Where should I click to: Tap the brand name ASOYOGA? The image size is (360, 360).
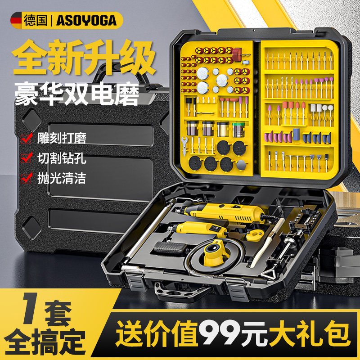coord(86,20)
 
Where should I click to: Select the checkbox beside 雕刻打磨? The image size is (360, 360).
coord(26,138)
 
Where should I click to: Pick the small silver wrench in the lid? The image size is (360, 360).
coord(184,144)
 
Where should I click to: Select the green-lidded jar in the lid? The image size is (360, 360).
coord(238,129)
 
